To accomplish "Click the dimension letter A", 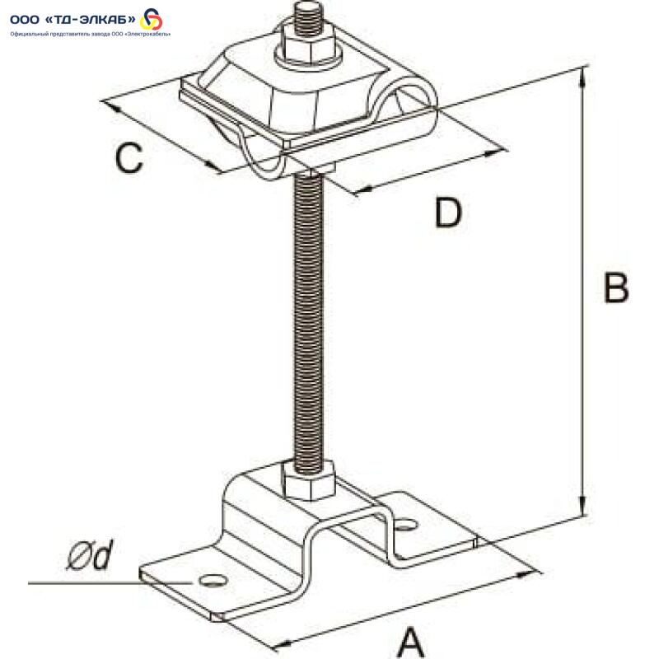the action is (x=410, y=642).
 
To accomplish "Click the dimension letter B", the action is (x=616, y=287).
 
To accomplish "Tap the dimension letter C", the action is (x=129, y=157).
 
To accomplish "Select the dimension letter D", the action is (x=448, y=213).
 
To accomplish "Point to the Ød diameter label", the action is (x=91, y=554).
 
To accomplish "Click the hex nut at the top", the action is (x=306, y=43).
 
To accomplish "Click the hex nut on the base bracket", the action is (x=309, y=480).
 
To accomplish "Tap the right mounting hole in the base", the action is (x=406, y=525).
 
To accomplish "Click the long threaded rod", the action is (x=309, y=320).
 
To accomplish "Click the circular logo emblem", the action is (x=151, y=19).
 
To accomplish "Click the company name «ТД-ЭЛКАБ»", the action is (x=90, y=19).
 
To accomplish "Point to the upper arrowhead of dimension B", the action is (x=582, y=77).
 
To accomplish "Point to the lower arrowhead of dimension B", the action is (x=582, y=507).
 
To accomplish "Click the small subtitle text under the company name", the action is (x=91, y=34).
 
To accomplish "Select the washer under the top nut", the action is (x=308, y=58).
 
